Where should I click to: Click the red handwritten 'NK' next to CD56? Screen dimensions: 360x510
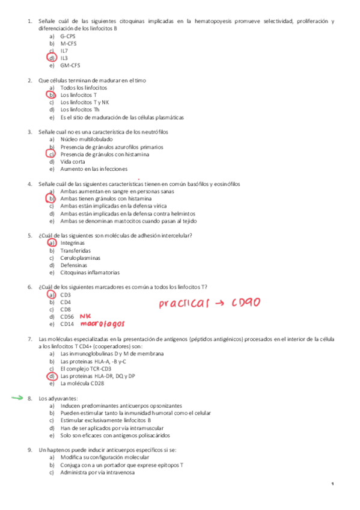click(85, 315)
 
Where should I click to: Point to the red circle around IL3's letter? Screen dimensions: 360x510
click(52, 58)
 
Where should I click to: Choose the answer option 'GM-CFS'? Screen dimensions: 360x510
click(70, 65)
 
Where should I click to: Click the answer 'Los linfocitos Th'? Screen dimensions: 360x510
click(81, 109)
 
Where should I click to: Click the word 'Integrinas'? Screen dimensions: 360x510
click(73, 242)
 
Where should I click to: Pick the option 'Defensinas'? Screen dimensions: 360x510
click(74, 265)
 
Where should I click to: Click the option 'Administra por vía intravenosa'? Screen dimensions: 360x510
click(97, 472)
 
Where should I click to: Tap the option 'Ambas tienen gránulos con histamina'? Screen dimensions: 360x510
click(106, 198)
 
